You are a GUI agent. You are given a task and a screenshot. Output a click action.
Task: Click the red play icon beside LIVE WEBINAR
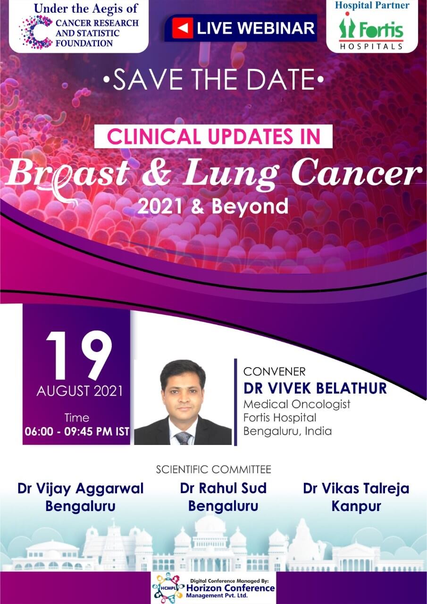click(183, 28)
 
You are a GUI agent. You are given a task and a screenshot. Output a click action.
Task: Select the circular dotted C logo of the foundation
click(36, 32)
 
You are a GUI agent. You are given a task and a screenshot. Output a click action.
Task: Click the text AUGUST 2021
click(79, 391)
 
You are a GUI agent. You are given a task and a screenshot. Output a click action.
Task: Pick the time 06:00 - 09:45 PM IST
click(77, 431)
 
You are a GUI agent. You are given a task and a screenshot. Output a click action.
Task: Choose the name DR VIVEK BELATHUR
click(315, 388)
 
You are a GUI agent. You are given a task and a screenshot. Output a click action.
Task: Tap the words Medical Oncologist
click(297, 404)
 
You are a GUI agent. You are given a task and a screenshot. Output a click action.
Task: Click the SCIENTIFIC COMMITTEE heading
click(213, 469)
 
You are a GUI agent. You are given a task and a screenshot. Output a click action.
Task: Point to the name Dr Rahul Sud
click(223, 488)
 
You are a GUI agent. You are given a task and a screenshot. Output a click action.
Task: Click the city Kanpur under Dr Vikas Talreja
click(356, 506)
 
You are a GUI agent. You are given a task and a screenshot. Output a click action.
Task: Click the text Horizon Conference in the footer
click(230, 588)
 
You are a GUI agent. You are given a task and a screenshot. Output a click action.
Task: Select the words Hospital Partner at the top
click(372, 5)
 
